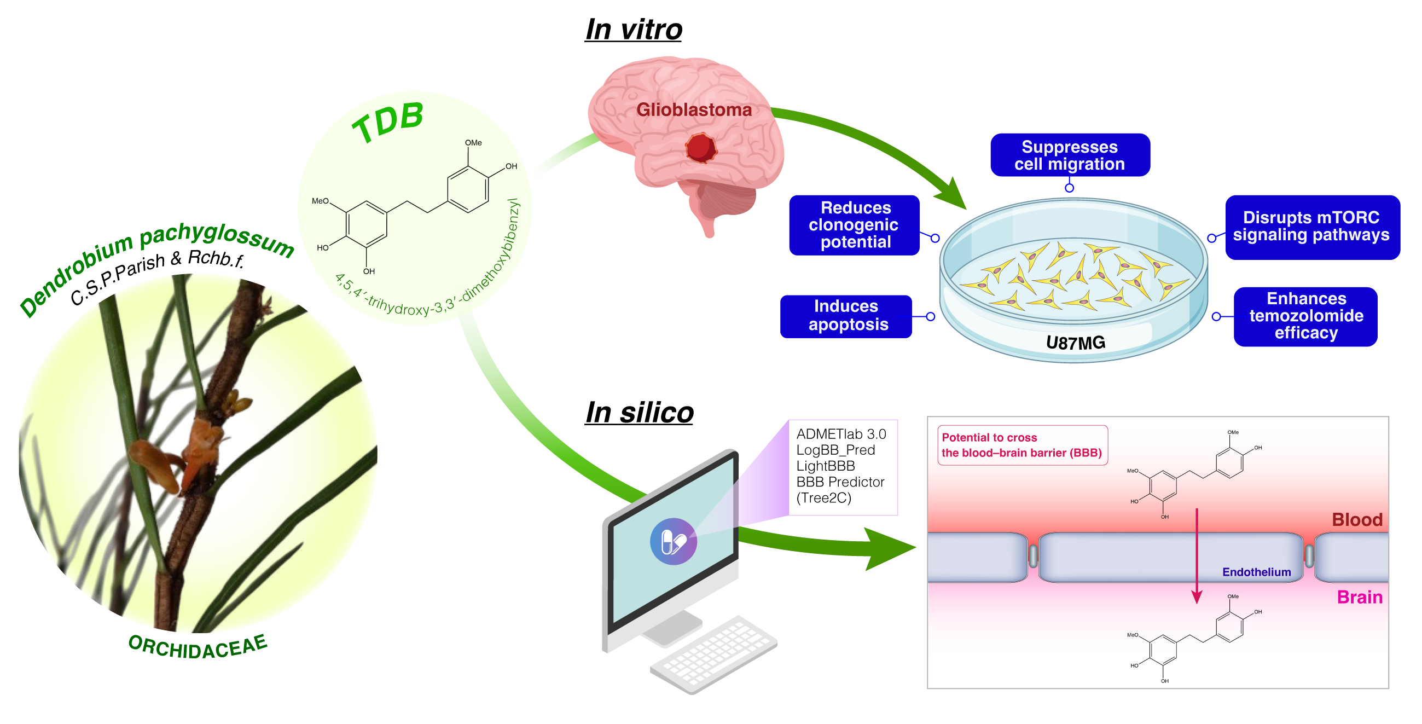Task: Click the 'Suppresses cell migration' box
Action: pos(1069,155)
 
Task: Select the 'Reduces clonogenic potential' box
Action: pos(854,225)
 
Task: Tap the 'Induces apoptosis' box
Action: pos(846,316)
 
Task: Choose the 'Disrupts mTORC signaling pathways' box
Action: pos(1311,227)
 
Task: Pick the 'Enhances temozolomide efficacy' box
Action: pos(1305,316)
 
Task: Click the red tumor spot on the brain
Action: pos(700,148)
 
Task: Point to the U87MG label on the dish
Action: pos(1075,343)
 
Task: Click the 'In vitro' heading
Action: pos(633,29)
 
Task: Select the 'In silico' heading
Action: pos(639,413)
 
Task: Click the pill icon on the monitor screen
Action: pos(673,541)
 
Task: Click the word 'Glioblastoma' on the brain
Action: pos(694,110)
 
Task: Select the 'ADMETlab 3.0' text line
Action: pos(841,434)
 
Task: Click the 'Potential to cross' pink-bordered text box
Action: pos(1022,445)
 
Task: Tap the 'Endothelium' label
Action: pos(1256,572)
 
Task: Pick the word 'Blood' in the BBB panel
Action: pos(1356,520)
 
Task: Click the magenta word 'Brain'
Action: pos(1359,597)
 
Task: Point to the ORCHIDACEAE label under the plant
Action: pos(198,647)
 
